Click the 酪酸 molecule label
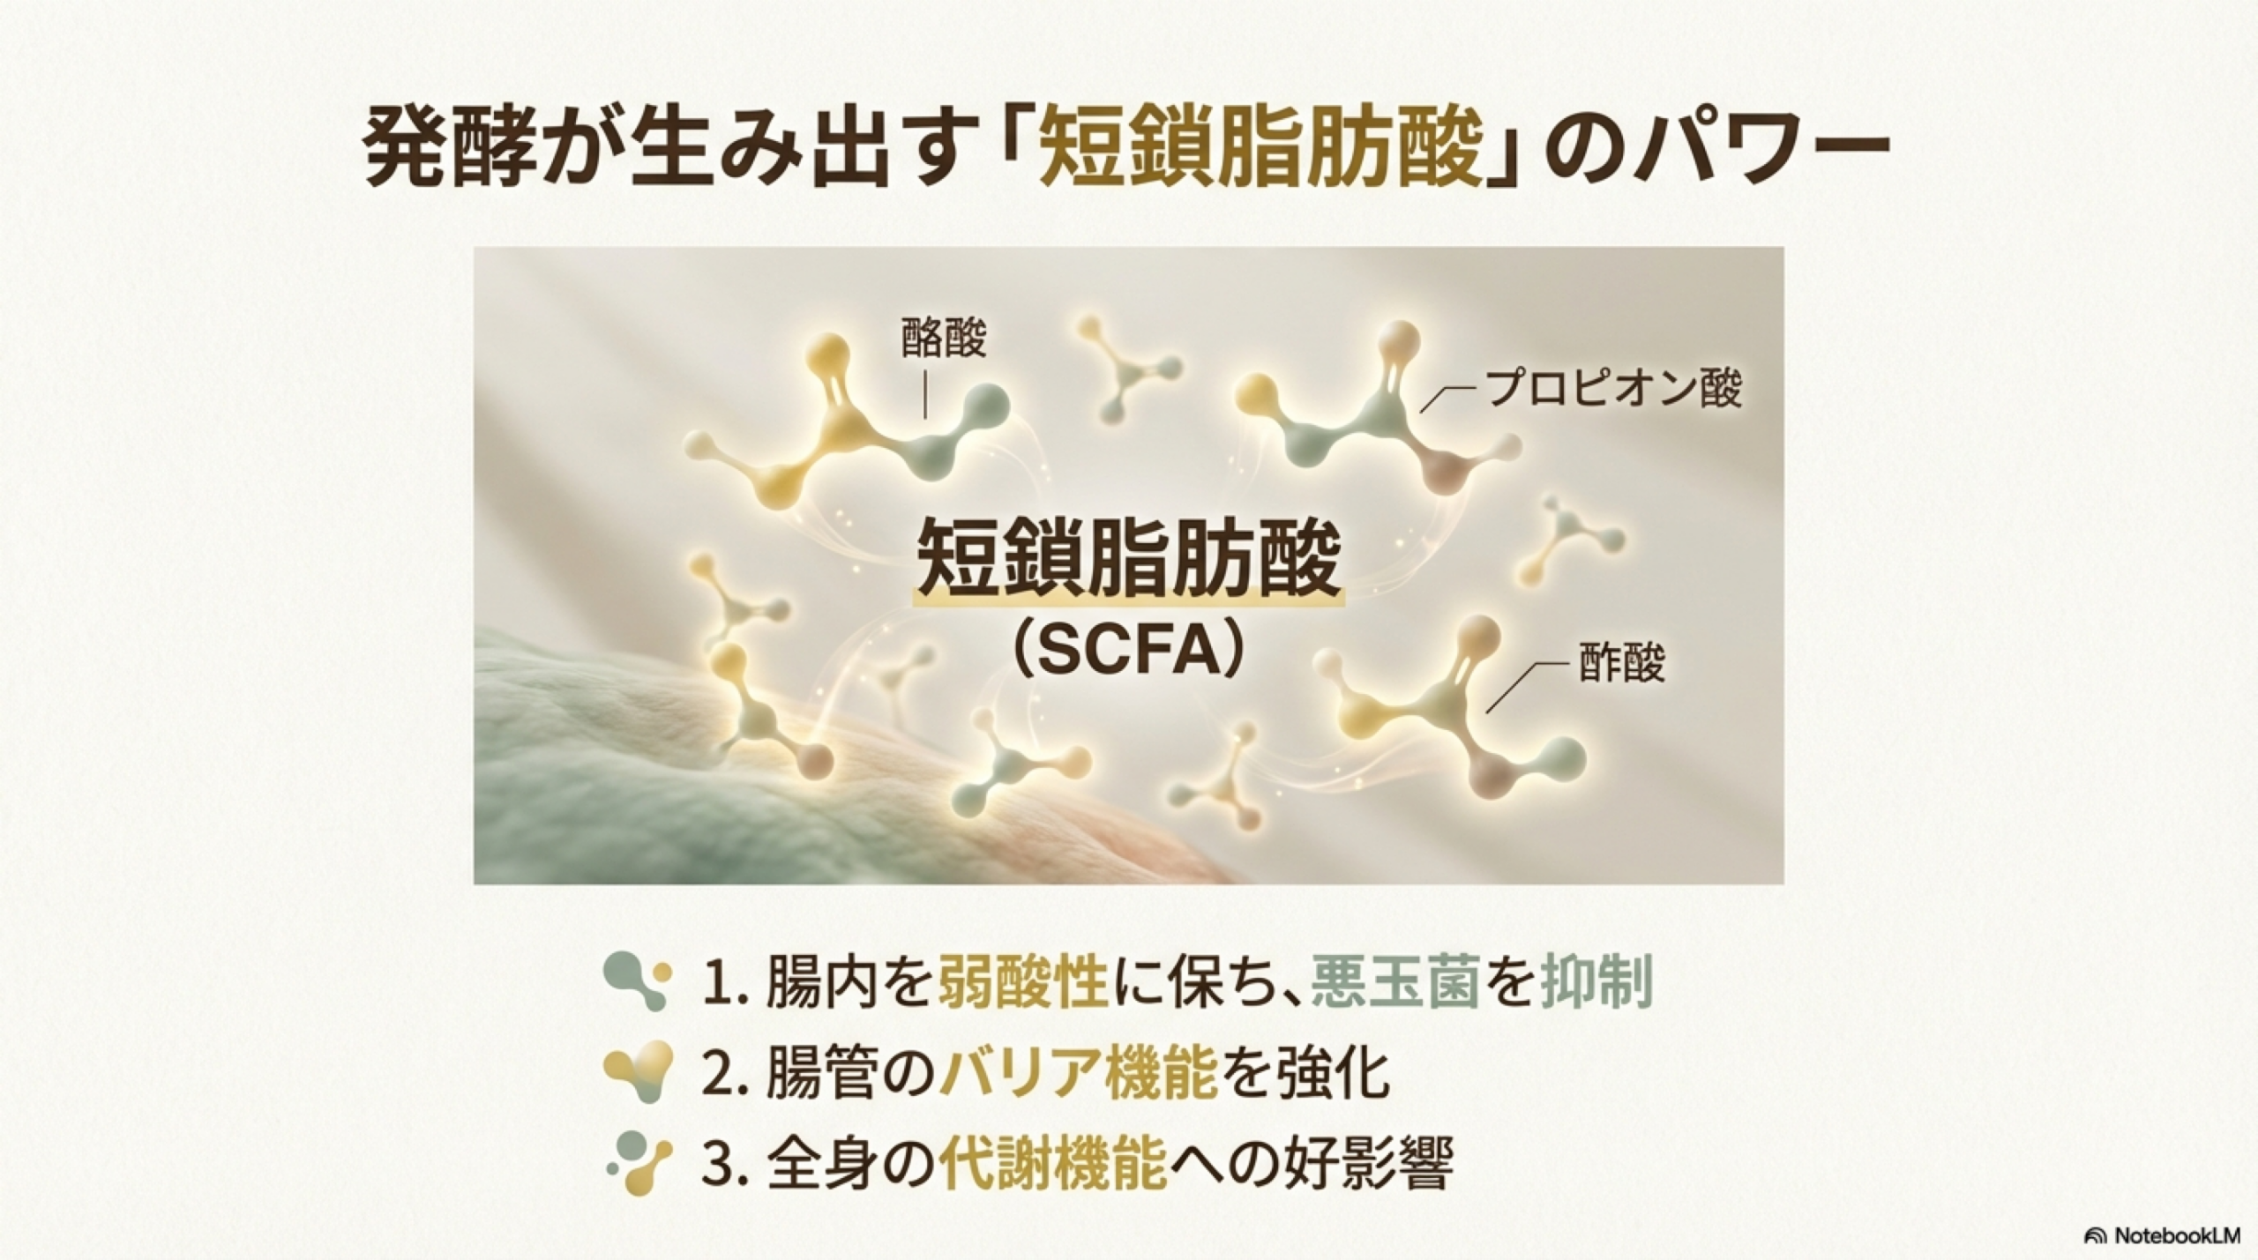(943, 339)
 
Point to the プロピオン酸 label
(1614, 389)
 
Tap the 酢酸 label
(1621, 663)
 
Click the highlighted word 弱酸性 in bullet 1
(1022, 983)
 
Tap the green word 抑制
(1596, 983)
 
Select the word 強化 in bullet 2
(1334, 1073)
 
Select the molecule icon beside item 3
(639, 1163)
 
